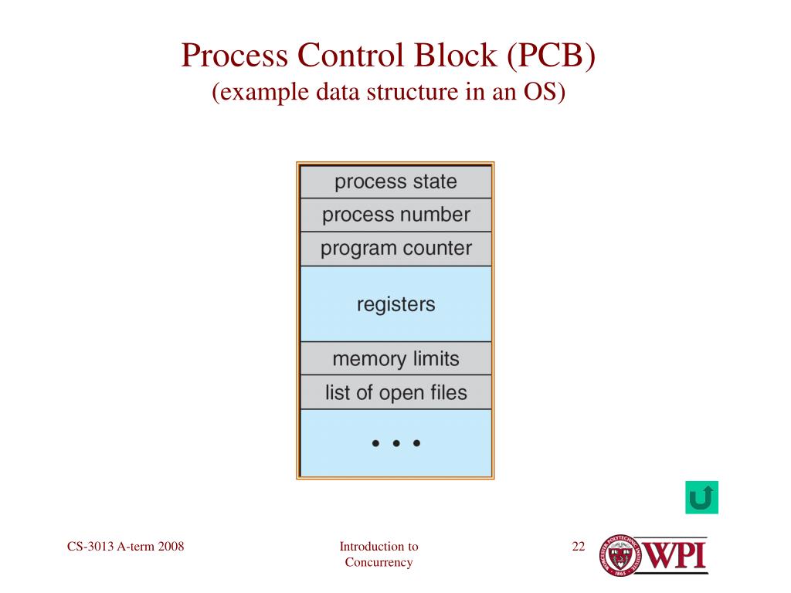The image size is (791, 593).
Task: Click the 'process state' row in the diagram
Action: (x=396, y=181)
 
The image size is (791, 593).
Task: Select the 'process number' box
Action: (x=396, y=215)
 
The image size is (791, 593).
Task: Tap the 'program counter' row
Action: (x=396, y=249)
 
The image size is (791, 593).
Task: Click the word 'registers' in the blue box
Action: (x=396, y=304)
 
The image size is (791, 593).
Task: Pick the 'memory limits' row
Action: (x=396, y=358)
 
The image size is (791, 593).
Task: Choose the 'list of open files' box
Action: (x=396, y=392)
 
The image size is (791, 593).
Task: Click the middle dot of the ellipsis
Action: (x=396, y=443)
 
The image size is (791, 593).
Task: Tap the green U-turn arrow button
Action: (x=701, y=498)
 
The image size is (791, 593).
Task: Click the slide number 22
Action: (x=579, y=546)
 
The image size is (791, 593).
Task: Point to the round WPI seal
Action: (x=620, y=556)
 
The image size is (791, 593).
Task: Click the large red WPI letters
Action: (x=674, y=555)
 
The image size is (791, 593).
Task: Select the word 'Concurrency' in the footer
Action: (x=379, y=562)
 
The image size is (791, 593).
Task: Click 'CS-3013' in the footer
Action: (x=90, y=546)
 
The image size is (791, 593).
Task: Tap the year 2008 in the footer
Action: (x=171, y=546)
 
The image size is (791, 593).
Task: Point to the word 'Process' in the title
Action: (x=235, y=55)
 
